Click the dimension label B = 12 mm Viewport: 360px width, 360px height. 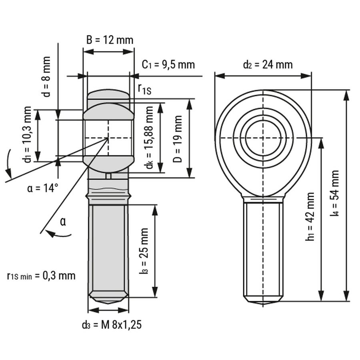pos(110,40)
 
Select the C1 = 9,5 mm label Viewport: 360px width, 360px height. pos(169,65)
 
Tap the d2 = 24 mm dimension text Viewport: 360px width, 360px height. pos(268,64)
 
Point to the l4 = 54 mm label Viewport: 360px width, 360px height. pos(335,194)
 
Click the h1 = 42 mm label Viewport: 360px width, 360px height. pos(310,216)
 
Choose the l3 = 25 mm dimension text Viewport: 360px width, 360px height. pos(144,250)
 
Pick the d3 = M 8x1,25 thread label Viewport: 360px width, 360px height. pos(112,325)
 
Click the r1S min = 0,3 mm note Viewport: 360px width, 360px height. pos(41,276)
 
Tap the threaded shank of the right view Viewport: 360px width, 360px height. pos(263,250)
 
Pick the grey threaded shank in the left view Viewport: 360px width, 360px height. pos(108,250)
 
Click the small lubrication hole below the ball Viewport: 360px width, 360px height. pos(108,176)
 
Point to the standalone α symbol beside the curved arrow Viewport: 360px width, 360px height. pos(62,221)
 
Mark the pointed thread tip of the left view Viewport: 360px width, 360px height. pos(108,301)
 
